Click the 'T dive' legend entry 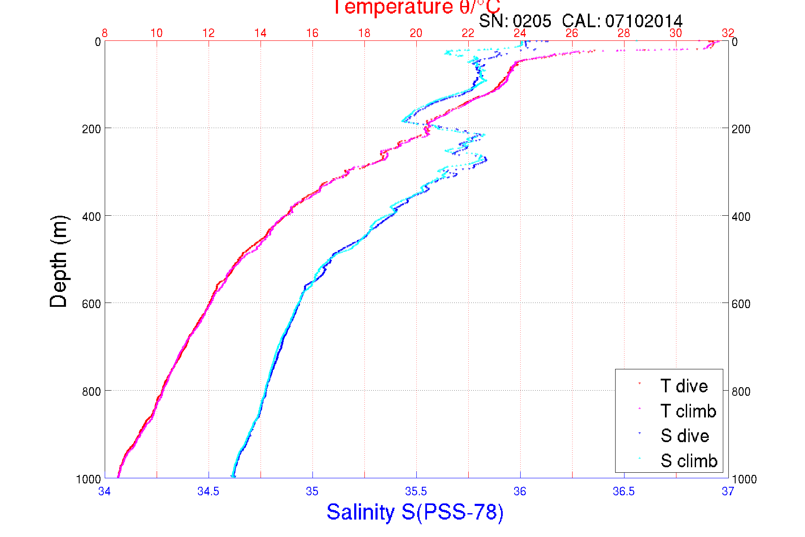pos(684,386)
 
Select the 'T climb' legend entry pos(688,411)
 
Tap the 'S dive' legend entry pos(685,436)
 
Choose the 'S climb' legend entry pos(689,461)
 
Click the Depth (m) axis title pos(59,261)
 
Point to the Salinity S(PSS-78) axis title pos(415,512)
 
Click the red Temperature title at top pos(416,7)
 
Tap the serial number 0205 pos(532,21)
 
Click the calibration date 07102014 pos(644,21)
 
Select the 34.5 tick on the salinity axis pos(208,491)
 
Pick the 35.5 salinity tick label pos(416,491)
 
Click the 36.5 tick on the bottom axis pos(624,491)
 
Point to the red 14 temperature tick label pos(260,33)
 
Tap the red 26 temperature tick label pos(572,33)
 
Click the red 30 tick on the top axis pos(676,33)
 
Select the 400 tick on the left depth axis pos(91,217)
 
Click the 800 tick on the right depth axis pos(741,391)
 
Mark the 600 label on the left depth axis pos(91,304)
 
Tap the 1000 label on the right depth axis pos(744,479)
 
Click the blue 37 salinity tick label pos(728,491)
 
